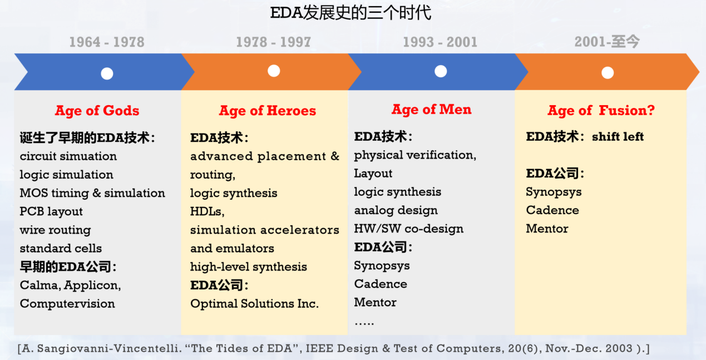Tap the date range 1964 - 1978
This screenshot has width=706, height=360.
point(106,42)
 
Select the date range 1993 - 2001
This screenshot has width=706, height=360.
point(440,42)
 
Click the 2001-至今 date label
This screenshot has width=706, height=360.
point(607,42)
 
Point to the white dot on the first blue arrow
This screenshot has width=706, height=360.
point(107,73)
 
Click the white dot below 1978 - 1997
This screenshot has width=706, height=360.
point(273,71)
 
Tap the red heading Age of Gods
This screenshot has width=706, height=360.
point(97,111)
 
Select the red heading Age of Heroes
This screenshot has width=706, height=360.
point(267,111)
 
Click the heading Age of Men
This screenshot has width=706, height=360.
point(431,110)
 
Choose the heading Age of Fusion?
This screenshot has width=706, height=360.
point(601,111)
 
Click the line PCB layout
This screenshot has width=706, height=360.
point(51,211)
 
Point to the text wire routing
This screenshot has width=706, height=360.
point(55,230)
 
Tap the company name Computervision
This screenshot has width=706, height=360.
point(67,304)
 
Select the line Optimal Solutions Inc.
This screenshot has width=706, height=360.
point(254,304)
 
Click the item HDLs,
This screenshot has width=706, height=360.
point(207,211)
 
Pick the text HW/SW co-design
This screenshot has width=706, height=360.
point(408,229)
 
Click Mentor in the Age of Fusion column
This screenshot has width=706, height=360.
point(547,229)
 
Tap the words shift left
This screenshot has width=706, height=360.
point(618,137)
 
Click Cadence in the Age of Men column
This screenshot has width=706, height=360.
point(381,284)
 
